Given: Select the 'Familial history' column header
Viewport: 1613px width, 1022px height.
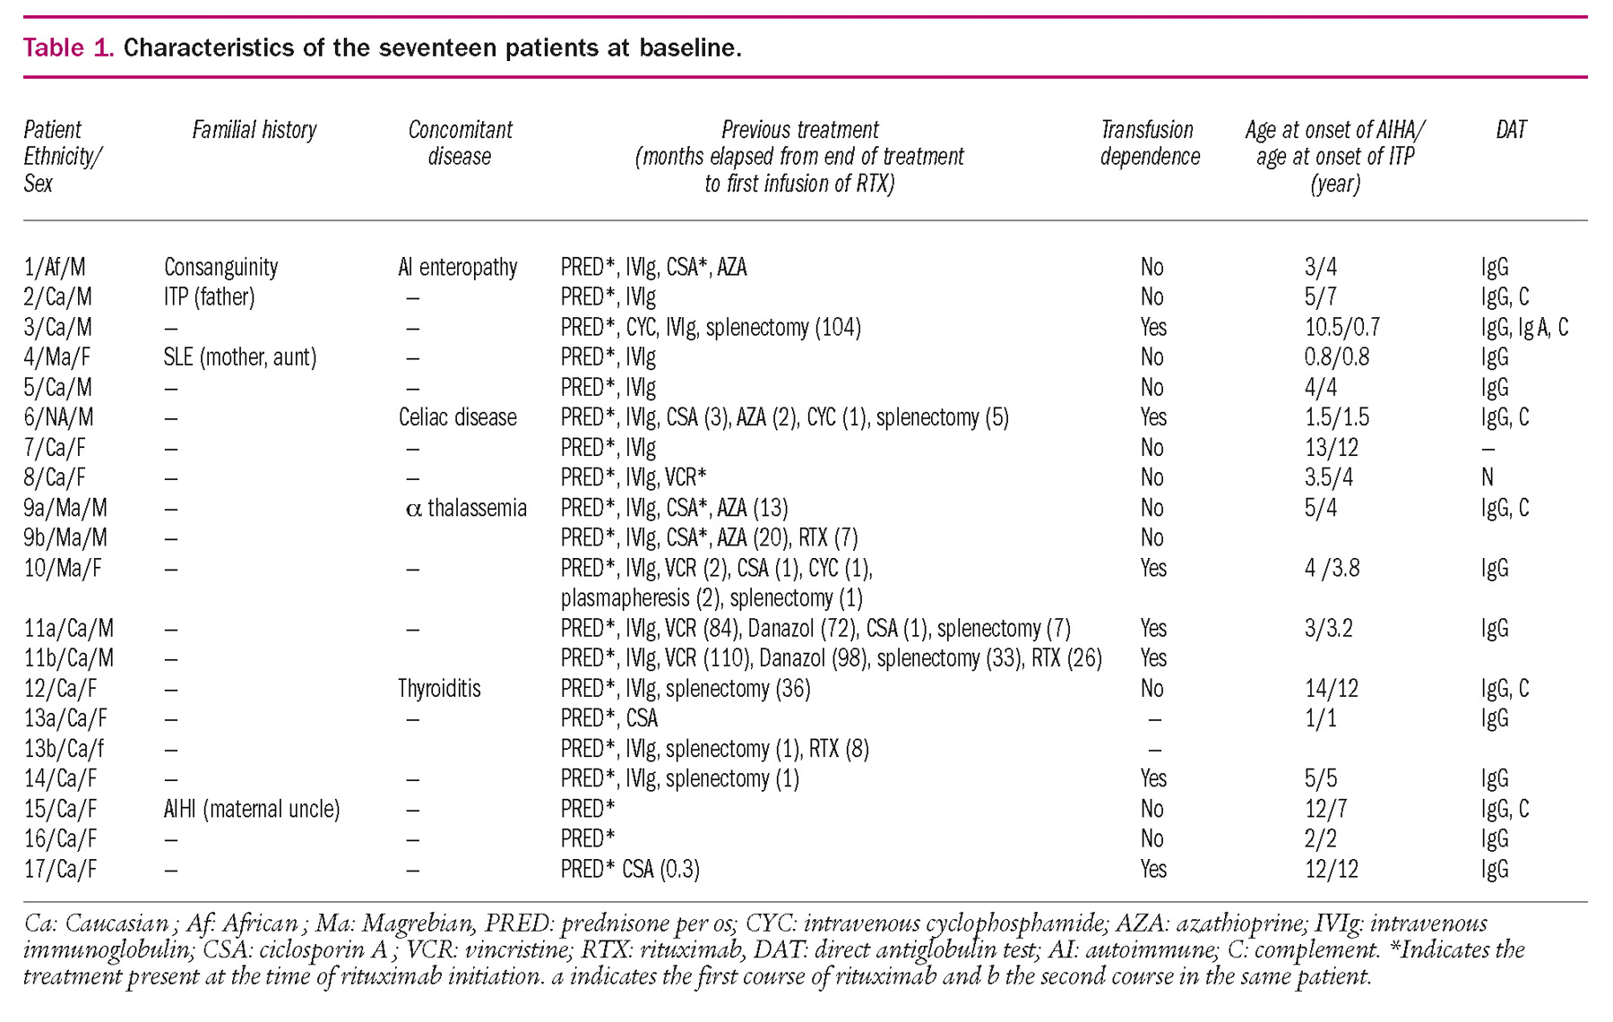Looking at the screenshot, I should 254,131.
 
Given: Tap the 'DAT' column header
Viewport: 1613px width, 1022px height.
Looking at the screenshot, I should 1511,131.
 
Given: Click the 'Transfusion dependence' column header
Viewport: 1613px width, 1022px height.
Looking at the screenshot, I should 1150,143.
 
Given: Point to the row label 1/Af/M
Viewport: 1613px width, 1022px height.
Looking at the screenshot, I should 56,267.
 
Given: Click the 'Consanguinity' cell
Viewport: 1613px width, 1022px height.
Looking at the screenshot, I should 220,267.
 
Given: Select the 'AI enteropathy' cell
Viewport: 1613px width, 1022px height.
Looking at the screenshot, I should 457,267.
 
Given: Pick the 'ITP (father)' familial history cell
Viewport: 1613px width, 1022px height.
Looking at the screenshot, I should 209,297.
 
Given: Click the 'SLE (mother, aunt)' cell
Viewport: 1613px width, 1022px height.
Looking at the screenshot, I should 239,357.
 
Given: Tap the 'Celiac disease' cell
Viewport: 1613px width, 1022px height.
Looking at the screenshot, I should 457,417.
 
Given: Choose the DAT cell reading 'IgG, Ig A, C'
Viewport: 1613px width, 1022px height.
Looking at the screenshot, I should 1524,328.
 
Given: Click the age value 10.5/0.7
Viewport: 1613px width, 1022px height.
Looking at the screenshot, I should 1341,328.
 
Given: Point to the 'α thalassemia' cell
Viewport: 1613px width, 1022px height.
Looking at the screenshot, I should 466,508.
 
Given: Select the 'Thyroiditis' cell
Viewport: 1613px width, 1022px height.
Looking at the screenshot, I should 439,689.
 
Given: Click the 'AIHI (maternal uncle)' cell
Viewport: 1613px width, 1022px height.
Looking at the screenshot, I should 252,809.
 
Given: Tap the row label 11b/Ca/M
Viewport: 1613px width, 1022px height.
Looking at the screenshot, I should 69,658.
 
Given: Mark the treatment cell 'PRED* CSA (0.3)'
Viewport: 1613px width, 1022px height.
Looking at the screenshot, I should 630,869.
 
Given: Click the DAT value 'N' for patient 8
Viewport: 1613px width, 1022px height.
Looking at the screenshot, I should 1488,477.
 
